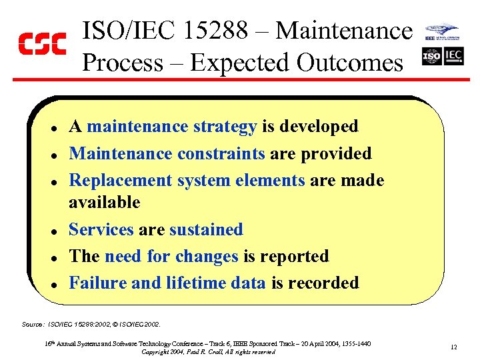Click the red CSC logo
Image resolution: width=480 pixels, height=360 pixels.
(41, 44)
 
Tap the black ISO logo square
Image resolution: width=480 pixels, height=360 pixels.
(432, 56)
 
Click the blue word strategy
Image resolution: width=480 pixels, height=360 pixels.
(225, 127)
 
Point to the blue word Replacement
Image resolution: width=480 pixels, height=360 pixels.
(121, 181)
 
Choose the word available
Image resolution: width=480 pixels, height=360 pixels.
(105, 202)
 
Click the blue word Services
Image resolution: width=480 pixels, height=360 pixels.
(101, 230)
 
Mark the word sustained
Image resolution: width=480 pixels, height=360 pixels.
(206, 230)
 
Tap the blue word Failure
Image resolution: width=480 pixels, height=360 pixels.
(98, 283)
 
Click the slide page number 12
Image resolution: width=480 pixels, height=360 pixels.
(453, 347)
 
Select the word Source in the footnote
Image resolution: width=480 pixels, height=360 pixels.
(32, 324)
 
